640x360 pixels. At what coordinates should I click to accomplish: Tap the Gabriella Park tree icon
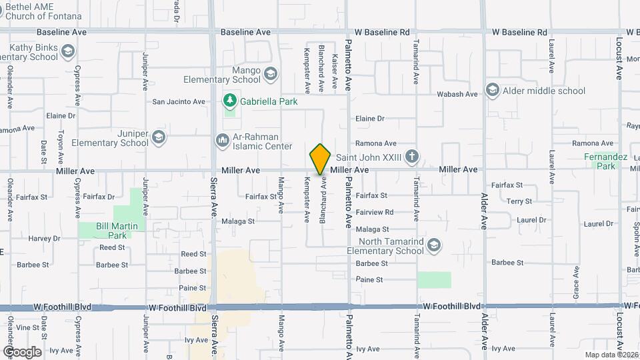coord(230,101)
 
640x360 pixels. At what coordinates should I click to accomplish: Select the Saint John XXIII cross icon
coord(412,157)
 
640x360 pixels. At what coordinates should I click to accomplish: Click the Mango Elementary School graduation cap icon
coord(270,73)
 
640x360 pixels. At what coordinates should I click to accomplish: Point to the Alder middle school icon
coord(492,90)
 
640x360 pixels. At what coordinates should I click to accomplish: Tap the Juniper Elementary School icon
coord(159,137)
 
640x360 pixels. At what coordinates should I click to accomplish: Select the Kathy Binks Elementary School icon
coord(67,51)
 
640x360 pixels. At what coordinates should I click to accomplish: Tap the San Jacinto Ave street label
coord(179,102)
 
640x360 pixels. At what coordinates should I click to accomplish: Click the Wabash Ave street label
coord(457,94)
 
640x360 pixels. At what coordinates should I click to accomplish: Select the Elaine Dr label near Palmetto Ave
coord(370,118)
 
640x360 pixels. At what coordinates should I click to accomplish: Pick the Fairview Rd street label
coord(375,212)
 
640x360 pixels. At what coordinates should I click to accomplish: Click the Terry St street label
coord(519,201)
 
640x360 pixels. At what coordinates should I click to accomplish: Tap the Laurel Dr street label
coord(531,219)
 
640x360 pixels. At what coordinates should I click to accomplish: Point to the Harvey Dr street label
coord(44,238)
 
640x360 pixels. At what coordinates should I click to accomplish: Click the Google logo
coord(22,351)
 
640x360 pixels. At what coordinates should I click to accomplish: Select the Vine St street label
coord(27,327)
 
